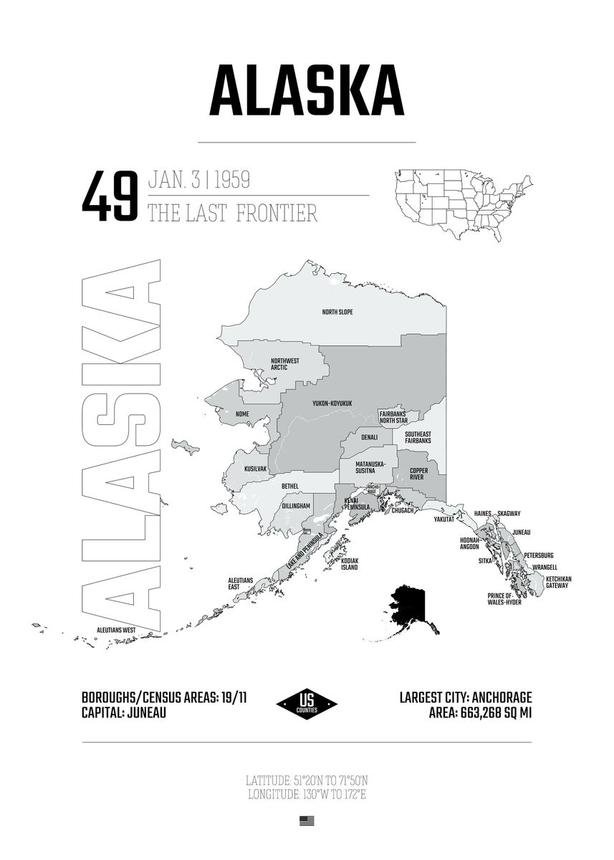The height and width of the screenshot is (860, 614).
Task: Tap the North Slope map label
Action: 337,312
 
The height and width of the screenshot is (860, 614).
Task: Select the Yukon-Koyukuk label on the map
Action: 332,403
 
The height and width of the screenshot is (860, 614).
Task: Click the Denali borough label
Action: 369,437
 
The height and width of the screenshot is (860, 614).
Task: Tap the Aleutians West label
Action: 117,630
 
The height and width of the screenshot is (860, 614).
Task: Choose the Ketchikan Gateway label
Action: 557,582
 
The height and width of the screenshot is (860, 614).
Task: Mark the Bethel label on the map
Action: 290,487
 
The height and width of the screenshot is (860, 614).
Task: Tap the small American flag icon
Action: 307,821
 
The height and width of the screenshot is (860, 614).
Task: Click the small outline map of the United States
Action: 462,204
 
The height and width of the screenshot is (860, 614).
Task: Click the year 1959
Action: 231,180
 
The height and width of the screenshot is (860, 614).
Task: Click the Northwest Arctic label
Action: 284,364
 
